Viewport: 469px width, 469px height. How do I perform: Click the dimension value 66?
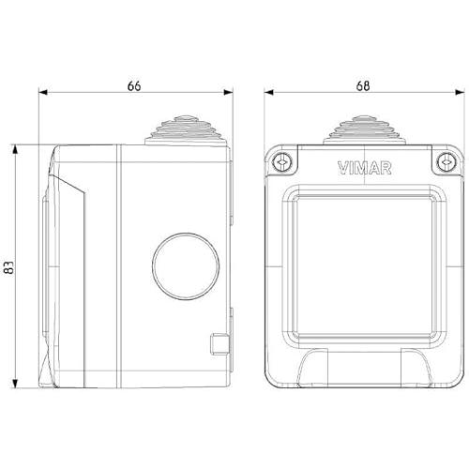tap(134, 86)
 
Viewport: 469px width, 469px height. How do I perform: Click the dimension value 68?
tap(363, 85)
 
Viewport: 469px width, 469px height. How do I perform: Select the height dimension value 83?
tap(9, 267)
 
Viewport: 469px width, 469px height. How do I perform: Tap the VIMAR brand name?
tap(365, 168)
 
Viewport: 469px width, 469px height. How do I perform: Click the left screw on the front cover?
tap(281, 162)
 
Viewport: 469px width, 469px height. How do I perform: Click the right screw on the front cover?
tap(446, 162)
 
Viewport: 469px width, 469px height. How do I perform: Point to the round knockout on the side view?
tap(186, 266)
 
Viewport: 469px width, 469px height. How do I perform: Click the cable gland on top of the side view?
tap(186, 130)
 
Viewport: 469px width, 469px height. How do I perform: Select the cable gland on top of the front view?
tap(365, 130)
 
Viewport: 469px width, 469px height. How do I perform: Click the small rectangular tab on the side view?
tap(219, 344)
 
